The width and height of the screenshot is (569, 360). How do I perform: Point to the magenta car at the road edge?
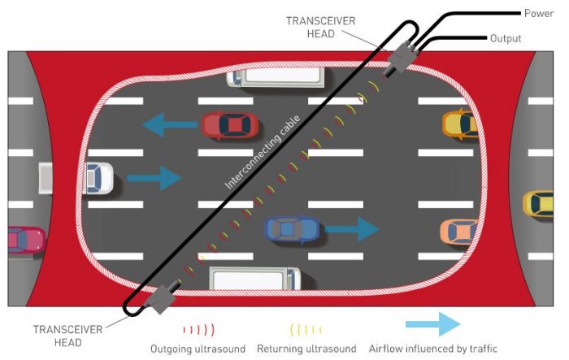pyautogui.click(x=24, y=240)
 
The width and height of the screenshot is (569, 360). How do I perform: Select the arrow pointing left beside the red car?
pyautogui.click(x=170, y=125)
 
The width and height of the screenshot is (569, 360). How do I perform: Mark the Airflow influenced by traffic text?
pyautogui.click(x=432, y=349)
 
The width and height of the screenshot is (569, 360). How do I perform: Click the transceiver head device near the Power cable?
pyautogui.click(x=403, y=56)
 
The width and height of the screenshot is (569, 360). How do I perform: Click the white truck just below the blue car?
pyautogui.click(x=255, y=279)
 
